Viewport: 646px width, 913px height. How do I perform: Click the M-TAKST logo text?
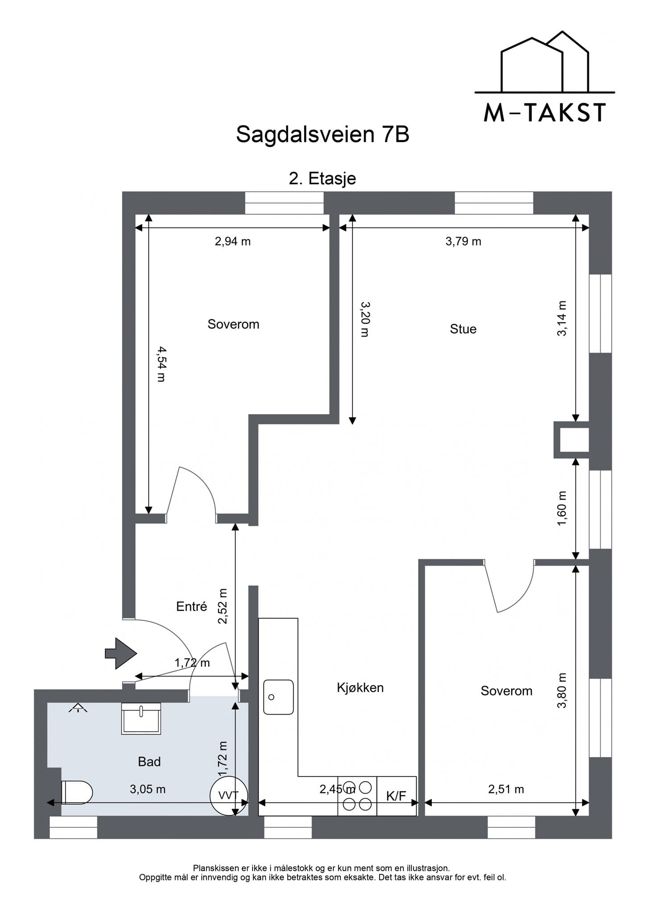point(545,113)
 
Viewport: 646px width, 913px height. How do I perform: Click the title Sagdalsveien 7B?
point(323,134)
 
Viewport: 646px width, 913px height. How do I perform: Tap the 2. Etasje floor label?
point(323,179)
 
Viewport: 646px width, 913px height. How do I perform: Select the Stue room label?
point(463,329)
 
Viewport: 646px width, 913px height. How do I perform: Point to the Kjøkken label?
point(360,687)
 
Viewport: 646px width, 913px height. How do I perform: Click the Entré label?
point(192,606)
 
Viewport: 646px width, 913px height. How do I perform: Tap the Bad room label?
point(149,761)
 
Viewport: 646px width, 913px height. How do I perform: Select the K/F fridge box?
point(397,796)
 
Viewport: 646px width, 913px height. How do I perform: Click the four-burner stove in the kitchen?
point(357,796)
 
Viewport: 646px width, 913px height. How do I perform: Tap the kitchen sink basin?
point(278,697)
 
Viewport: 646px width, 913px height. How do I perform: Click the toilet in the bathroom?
point(77,792)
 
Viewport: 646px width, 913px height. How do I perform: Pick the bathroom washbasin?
point(141,718)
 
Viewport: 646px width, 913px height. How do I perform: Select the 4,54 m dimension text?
point(161,364)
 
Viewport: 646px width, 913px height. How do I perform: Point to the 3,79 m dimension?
point(464,242)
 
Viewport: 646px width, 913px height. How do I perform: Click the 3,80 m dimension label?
point(562,690)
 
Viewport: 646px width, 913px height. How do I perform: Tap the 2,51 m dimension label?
point(506,789)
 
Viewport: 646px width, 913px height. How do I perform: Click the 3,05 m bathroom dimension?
point(148,789)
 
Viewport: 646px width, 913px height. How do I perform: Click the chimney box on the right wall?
point(571,440)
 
